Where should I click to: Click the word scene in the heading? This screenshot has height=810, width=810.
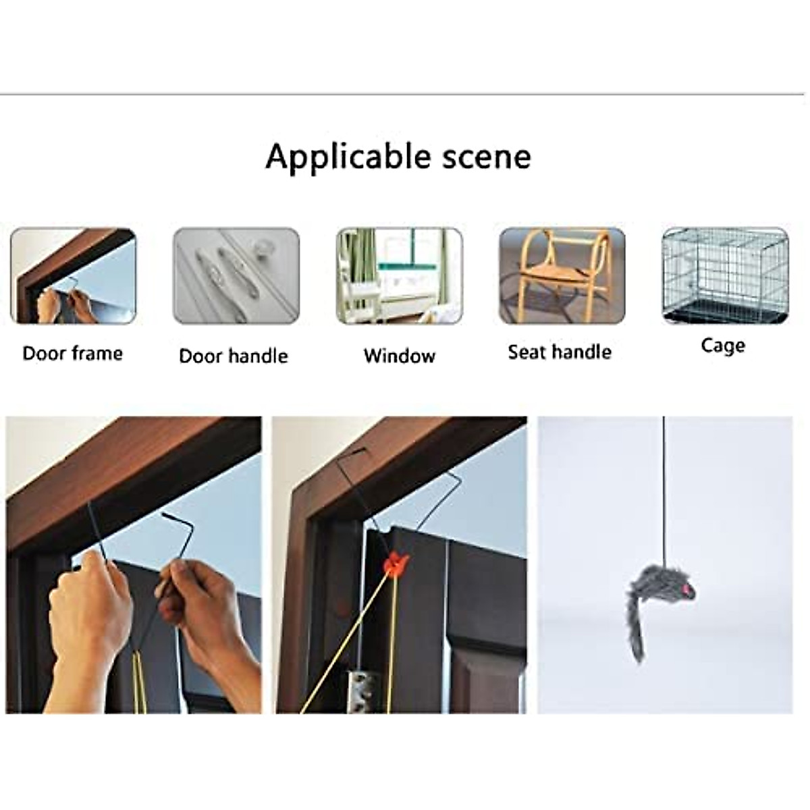[x=485, y=157]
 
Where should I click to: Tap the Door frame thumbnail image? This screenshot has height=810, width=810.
[x=73, y=275]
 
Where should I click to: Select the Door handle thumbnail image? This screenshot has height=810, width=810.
[x=236, y=275]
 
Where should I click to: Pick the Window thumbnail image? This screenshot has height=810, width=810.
[x=400, y=275]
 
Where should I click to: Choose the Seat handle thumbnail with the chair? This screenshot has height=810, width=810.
[x=562, y=275]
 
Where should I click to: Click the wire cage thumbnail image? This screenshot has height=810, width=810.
[x=724, y=275]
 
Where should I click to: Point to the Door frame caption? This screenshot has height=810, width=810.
[x=73, y=353]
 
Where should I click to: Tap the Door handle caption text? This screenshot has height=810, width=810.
[x=234, y=356]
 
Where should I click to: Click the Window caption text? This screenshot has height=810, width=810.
[x=400, y=356]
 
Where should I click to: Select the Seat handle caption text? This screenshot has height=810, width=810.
[x=560, y=352]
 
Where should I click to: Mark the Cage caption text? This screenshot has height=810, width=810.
[x=723, y=346]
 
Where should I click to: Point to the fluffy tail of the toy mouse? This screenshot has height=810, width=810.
[x=637, y=628]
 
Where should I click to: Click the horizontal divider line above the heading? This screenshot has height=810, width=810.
[x=405, y=95]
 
